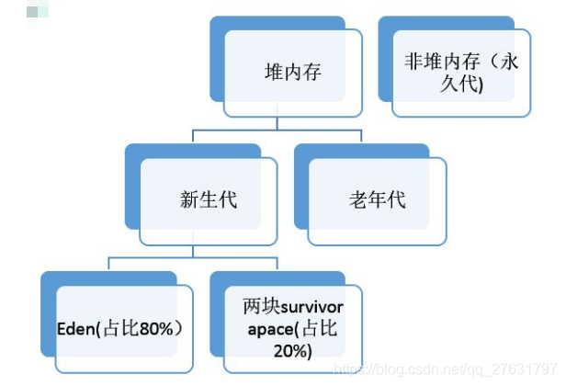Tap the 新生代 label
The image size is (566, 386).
209,199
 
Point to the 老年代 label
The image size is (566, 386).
377,199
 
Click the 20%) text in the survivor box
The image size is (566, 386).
292,351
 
